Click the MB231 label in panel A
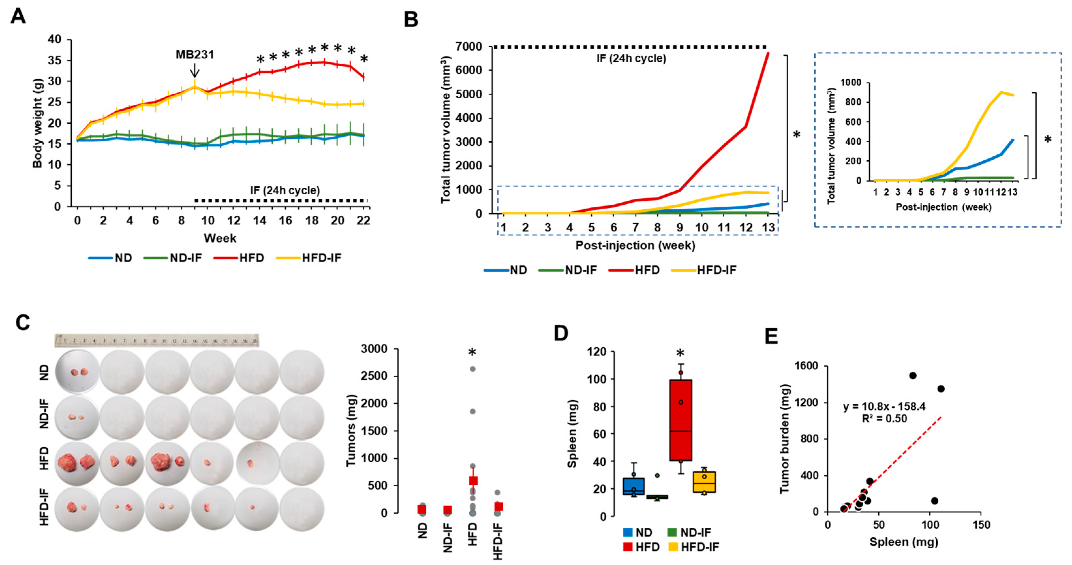pyautogui.click(x=194, y=55)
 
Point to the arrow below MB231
pyautogui.click(x=194, y=71)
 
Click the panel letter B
pyautogui.click(x=411, y=20)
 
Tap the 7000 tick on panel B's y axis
pyautogui.click(x=469, y=47)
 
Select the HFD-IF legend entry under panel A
pyautogui.click(x=321, y=258)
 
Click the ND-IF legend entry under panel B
pyautogui.click(x=581, y=270)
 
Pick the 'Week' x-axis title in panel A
pyautogui.click(x=220, y=238)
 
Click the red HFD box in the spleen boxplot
pyautogui.click(x=681, y=420)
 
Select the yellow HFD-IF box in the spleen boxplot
pyautogui.click(x=704, y=482)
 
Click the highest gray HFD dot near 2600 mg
pyautogui.click(x=473, y=369)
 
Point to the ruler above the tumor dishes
pyautogui.click(x=157, y=340)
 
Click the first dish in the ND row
pyautogui.click(x=77, y=372)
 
